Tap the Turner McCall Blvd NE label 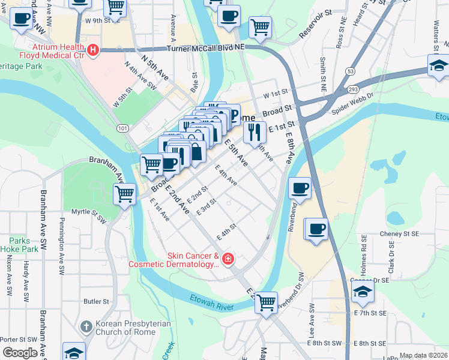[x=206, y=47]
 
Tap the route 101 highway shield [x=122, y=128]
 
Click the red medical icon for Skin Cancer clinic [x=228, y=259]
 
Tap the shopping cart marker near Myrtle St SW [x=124, y=193]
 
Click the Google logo [x=20, y=353]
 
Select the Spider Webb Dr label [x=352, y=104]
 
